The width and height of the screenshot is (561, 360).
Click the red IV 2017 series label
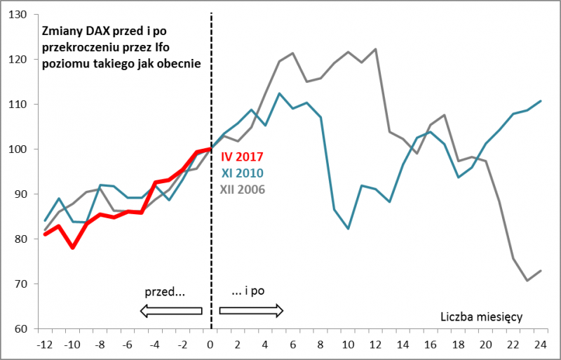pyautogui.click(x=243, y=157)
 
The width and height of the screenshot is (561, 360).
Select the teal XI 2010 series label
pyautogui.click(x=243, y=173)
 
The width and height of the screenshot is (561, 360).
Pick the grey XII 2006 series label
pyautogui.click(x=242, y=188)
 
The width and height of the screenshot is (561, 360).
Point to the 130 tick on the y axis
pyautogui.click(x=18, y=15)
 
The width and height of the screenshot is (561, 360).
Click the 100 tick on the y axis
pyautogui.click(x=18, y=149)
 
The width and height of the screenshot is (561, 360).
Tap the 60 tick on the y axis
pyautogui.click(x=20, y=329)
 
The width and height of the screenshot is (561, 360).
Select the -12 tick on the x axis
pyautogui.click(x=45, y=345)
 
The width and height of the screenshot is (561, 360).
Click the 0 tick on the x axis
pyautogui.click(x=210, y=345)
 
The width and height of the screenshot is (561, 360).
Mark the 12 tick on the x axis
pyautogui.click(x=375, y=345)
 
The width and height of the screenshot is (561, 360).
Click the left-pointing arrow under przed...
pyautogui.click(x=171, y=310)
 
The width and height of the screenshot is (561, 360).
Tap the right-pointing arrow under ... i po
pyautogui.click(x=250, y=310)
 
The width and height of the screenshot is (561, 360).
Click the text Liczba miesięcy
pyautogui.click(x=482, y=317)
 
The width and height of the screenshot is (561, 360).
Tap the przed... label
pyautogui.click(x=165, y=290)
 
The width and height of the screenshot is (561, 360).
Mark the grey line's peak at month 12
pyautogui.click(x=376, y=49)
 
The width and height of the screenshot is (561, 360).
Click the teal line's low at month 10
pyautogui.click(x=348, y=229)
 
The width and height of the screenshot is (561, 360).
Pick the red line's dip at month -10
pyautogui.click(x=72, y=248)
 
